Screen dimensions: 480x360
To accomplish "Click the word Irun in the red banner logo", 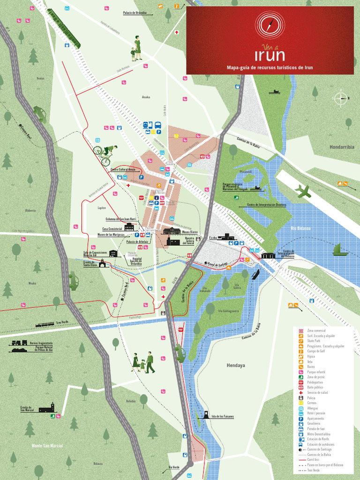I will [270, 55].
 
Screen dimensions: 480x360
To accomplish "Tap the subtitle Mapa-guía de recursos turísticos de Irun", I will [270, 68].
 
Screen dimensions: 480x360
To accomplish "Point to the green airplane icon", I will [303, 191].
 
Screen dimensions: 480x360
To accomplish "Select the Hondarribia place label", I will [342, 147].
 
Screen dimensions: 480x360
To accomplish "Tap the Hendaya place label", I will [236, 365].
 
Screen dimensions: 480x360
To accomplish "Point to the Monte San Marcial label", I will [47, 446].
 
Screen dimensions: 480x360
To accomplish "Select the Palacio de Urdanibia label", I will [135, 13].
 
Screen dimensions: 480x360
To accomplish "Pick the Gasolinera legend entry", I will [315, 424].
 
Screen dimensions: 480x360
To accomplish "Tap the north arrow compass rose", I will [341, 98].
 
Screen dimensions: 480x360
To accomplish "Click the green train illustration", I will [64, 29].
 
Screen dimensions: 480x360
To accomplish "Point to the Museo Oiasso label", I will [190, 232].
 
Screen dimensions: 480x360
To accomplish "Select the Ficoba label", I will [213, 238].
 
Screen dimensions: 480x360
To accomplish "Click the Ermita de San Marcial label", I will [27, 409].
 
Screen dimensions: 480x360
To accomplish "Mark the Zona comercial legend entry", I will [316, 331].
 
